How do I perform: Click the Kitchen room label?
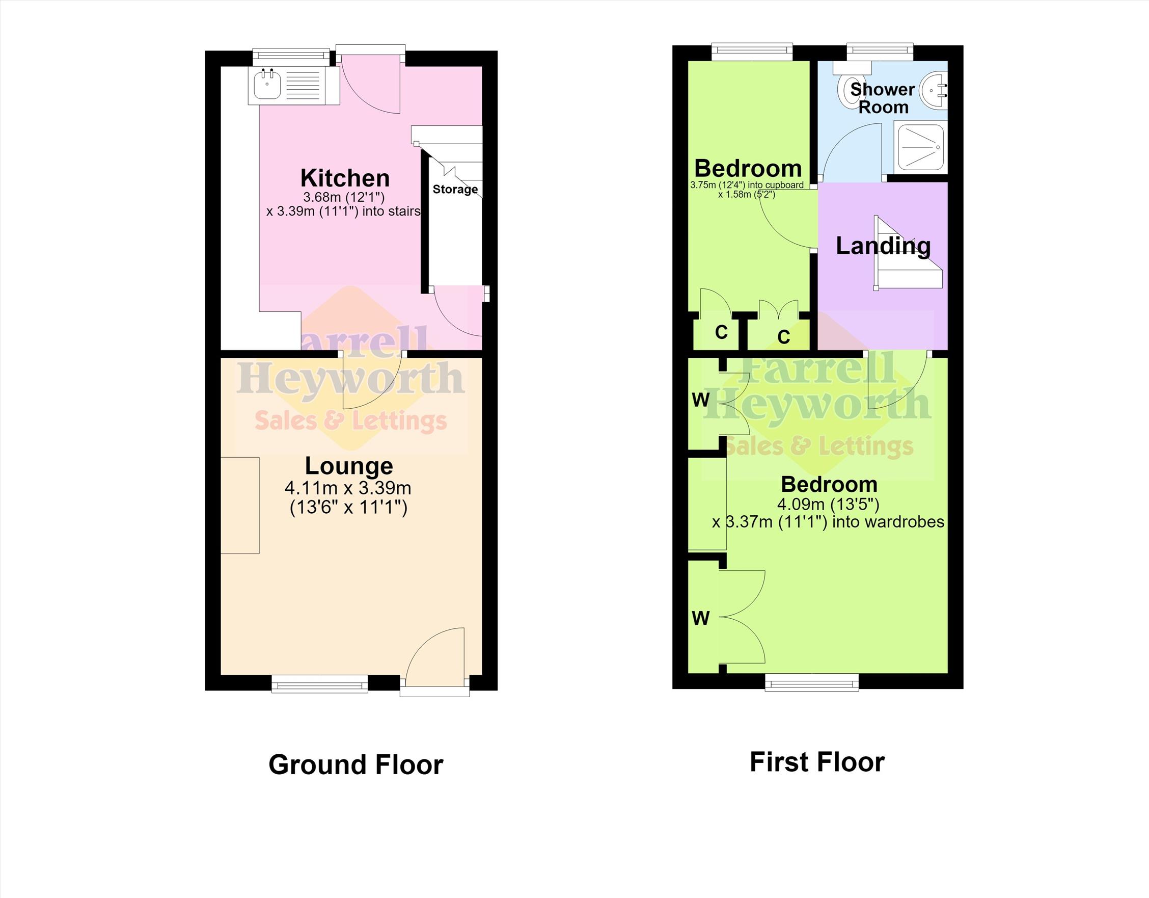345,178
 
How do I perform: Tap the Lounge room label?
349,466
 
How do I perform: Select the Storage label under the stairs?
455,189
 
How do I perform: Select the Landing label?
883,246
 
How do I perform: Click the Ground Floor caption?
355,765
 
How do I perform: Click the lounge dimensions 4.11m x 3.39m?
348,488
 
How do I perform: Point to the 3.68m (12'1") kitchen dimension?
344,197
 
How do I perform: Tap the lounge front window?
320,684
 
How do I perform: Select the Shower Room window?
880,51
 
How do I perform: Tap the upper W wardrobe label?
700,400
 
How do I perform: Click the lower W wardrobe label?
700,618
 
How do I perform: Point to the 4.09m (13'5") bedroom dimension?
828,504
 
